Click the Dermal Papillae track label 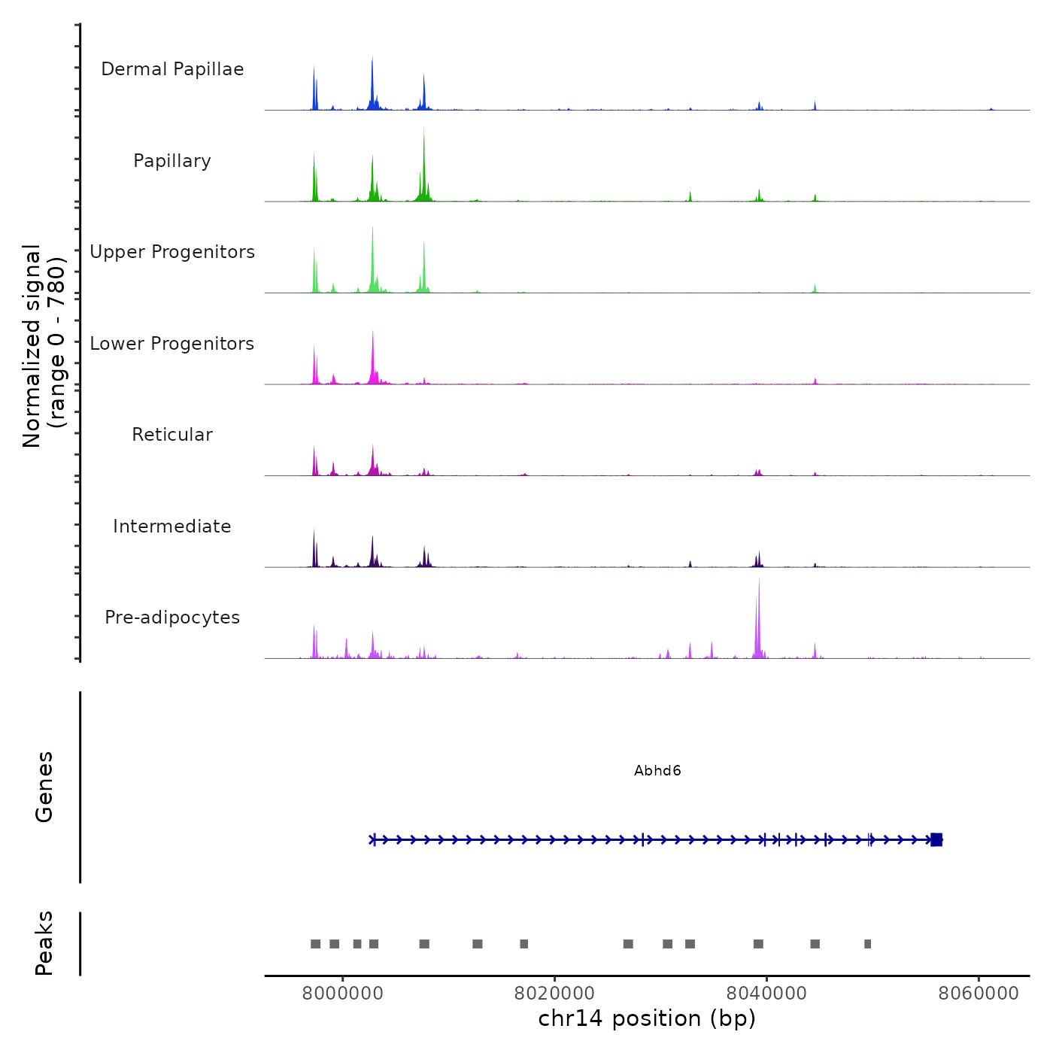tap(172, 69)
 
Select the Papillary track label tap(172, 161)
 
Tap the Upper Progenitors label tap(172, 252)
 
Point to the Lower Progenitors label tap(172, 344)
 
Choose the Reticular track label tap(172, 435)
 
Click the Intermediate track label tap(172, 526)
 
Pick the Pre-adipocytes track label tap(172, 618)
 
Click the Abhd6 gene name tap(657, 770)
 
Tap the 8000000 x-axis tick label tap(342, 994)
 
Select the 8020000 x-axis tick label tap(554, 994)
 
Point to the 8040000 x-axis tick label tap(766, 994)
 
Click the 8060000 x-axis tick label tap(979, 994)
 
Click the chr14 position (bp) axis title tap(647, 1018)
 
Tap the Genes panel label tap(44, 787)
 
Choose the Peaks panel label tap(44, 943)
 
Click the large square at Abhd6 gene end tap(936, 839)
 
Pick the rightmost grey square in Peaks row tap(867, 944)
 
